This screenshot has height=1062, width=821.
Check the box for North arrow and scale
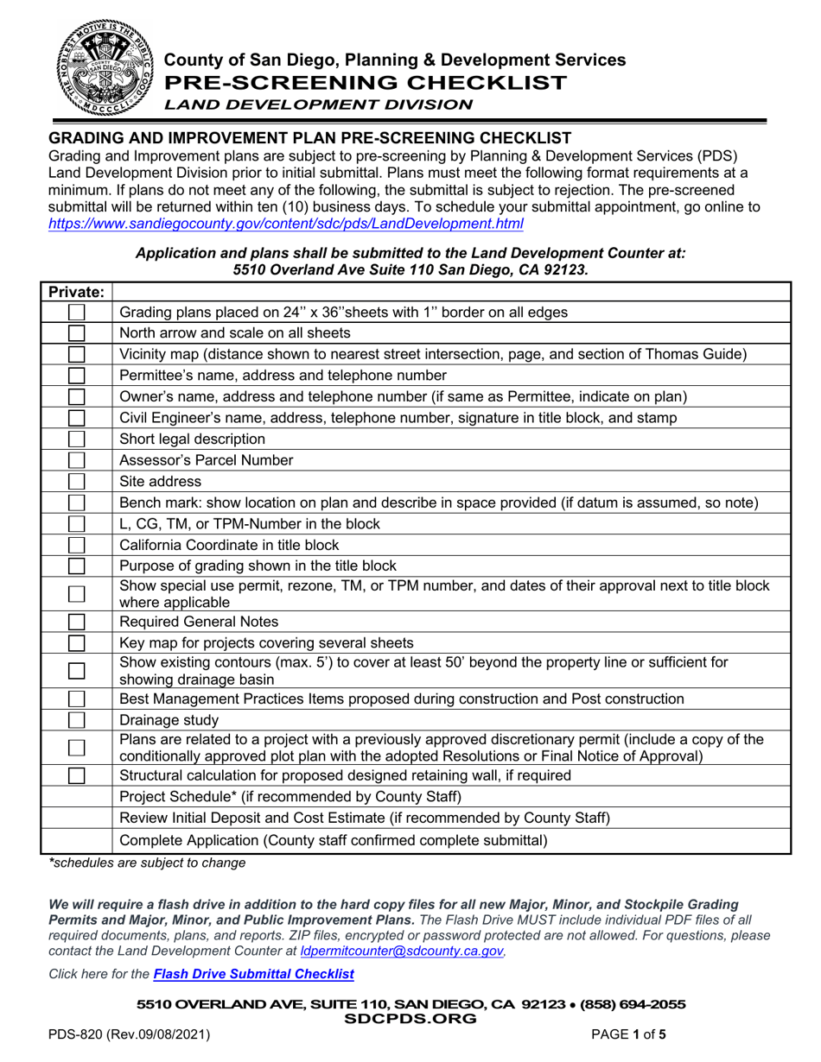click(x=77, y=332)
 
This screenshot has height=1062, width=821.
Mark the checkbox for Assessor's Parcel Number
click(x=77, y=459)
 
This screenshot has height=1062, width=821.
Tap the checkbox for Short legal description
click(x=77, y=439)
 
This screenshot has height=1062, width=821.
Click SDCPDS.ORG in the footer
click(x=410, y=1018)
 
